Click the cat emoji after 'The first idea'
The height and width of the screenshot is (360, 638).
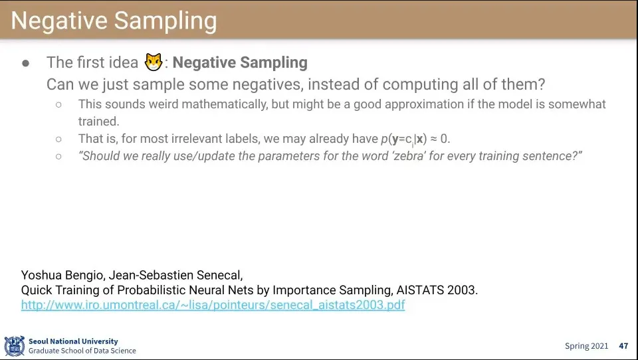coord(154,62)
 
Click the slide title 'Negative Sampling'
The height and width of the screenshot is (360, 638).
coord(114,21)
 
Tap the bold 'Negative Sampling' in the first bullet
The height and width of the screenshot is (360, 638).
coord(240,62)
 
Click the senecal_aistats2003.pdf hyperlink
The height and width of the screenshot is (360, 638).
coord(213,305)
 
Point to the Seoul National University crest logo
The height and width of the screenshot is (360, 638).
coord(15,346)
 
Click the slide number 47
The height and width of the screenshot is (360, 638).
coord(623,346)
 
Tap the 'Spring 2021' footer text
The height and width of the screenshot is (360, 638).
coord(586,346)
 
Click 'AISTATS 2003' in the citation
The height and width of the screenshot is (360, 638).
coord(437,290)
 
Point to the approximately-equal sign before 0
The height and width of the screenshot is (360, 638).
coord(433,139)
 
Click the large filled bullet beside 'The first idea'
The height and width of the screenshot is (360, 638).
coord(26,63)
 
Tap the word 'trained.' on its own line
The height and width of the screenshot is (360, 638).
coord(99,122)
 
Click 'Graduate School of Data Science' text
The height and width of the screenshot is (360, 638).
coord(82,351)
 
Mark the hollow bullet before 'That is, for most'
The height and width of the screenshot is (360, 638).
coord(59,139)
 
